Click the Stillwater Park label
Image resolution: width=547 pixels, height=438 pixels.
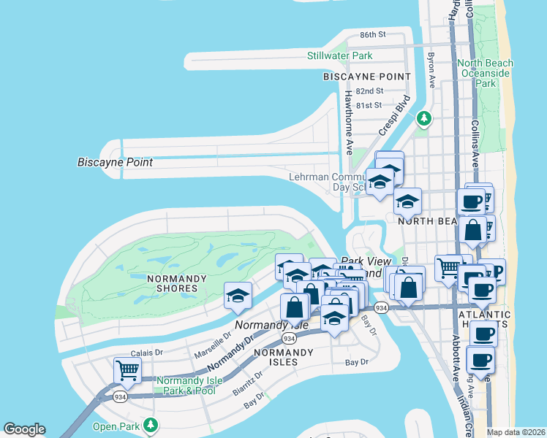(339, 55)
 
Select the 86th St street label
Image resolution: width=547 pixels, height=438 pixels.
(372, 34)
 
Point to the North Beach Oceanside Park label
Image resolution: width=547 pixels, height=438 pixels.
(486, 73)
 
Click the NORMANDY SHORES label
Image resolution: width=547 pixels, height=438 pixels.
(173, 283)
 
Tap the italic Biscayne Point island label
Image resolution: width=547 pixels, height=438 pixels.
(116, 162)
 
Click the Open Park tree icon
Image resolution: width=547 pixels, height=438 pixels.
(151, 424)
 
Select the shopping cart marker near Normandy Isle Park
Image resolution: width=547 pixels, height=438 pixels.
(127, 370)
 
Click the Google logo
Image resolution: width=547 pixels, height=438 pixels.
(24, 429)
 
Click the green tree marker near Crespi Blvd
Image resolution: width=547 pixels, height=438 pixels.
(423, 118)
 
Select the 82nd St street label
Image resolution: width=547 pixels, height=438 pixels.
(371, 91)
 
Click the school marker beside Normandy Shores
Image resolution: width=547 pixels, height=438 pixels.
(238, 295)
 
